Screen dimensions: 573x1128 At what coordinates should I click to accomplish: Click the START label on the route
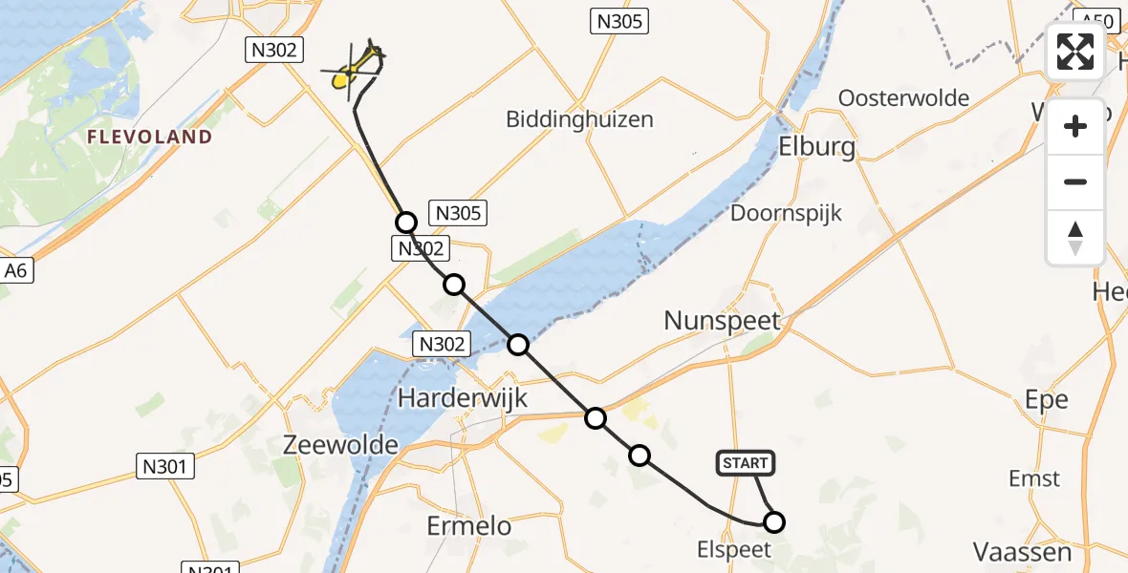pyautogui.click(x=745, y=464)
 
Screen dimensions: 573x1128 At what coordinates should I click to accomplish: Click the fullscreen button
pyautogui.click(x=1075, y=52)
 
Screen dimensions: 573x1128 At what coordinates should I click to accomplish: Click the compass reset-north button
pyautogui.click(x=1075, y=237)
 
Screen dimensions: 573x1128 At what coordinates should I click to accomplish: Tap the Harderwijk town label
pyautogui.click(x=463, y=398)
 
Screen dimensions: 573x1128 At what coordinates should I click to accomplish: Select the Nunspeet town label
pyautogui.click(x=723, y=321)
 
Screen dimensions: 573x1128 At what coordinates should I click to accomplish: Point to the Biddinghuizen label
pyautogui.click(x=579, y=119)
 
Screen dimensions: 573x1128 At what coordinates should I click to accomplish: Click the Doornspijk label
pyautogui.click(x=786, y=212)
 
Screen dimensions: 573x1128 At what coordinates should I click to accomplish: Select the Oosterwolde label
pyautogui.click(x=903, y=98)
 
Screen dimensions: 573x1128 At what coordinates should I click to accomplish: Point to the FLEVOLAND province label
pyautogui.click(x=149, y=138)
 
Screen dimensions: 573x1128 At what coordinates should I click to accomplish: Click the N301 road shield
pyautogui.click(x=163, y=467)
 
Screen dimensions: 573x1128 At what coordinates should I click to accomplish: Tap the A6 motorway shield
pyautogui.click(x=17, y=271)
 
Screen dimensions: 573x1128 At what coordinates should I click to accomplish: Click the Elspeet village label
pyautogui.click(x=731, y=549)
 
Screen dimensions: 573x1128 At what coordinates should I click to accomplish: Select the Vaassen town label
pyautogui.click(x=1021, y=551)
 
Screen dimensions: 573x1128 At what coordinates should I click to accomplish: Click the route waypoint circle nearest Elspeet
pyautogui.click(x=774, y=521)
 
